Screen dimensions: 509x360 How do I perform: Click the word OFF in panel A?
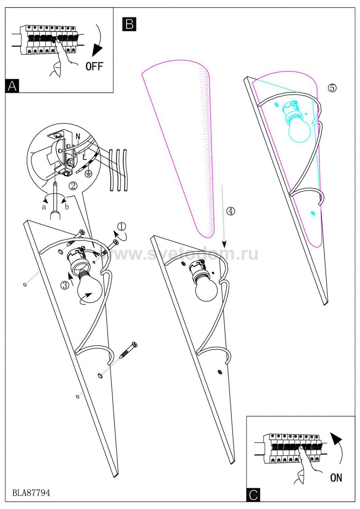click(x=94, y=66)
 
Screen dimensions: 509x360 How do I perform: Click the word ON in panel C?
click(x=336, y=477)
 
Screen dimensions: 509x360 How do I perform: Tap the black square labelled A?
click(x=12, y=86)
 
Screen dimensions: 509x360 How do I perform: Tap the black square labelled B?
click(x=129, y=24)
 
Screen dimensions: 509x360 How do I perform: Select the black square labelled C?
click(x=253, y=495)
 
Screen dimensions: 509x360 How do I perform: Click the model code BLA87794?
click(x=31, y=492)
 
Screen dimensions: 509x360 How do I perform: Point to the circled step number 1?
click(x=121, y=226)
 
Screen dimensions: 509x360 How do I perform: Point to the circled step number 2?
click(x=73, y=186)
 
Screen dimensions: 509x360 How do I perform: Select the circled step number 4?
click(x=230, y=211)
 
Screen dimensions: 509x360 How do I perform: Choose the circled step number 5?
click(x=332, y=88)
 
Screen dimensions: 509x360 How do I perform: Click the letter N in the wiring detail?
click(x=78, y=136)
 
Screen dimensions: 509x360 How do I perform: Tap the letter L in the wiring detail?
click(x=85, y=157)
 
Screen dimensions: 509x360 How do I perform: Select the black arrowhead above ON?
click(x=336, y=438)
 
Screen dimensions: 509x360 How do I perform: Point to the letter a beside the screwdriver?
click(x=44, y=207)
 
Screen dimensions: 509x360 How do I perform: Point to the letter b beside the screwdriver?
click(x=67, y=207)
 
